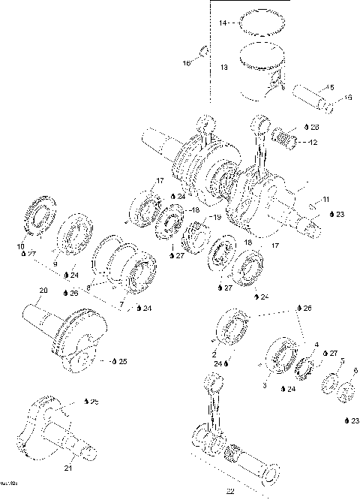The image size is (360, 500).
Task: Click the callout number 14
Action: coord(223,24)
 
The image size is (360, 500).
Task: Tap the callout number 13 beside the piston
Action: coord(223,68)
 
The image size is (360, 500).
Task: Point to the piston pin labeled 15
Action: coord(309,95)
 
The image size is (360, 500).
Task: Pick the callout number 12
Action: coord(313,142)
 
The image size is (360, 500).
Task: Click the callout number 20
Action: coord(43,291)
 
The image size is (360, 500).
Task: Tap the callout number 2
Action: coord(214,353)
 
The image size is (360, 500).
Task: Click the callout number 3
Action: coord(264,384)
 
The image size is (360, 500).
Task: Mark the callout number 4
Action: coord(316,345)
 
